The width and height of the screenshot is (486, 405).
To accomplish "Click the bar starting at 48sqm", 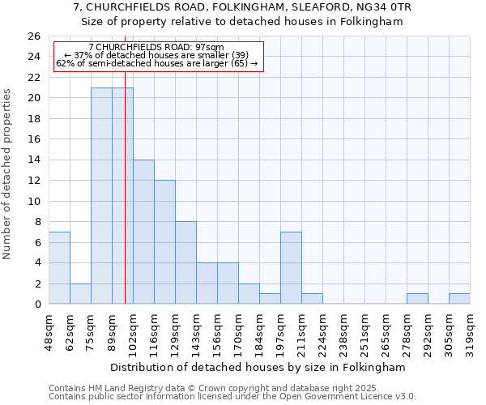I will click(x=59, y=268).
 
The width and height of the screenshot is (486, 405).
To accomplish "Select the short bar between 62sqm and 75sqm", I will click(x=80, y=294).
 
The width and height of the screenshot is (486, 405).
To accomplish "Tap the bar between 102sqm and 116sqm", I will click(x=143, y=232).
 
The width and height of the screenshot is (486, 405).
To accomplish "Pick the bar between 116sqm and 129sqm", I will click(x=164, y=242).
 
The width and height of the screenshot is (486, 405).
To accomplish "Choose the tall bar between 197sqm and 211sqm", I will click(x=291, y=268).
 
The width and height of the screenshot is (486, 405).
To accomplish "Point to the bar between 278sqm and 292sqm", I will click(x=417, y=299).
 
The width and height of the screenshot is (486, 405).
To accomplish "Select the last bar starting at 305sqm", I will click(x=459, y=299).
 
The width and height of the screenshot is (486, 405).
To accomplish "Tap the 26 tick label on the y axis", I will click(x=34, y=36).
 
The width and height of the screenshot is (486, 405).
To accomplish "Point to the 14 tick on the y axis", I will click(x=34, y=160).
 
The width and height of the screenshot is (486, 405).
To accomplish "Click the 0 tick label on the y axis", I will click(x=37, y=305).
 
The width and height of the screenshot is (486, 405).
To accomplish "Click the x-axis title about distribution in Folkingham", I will click(x=258, y=367).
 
